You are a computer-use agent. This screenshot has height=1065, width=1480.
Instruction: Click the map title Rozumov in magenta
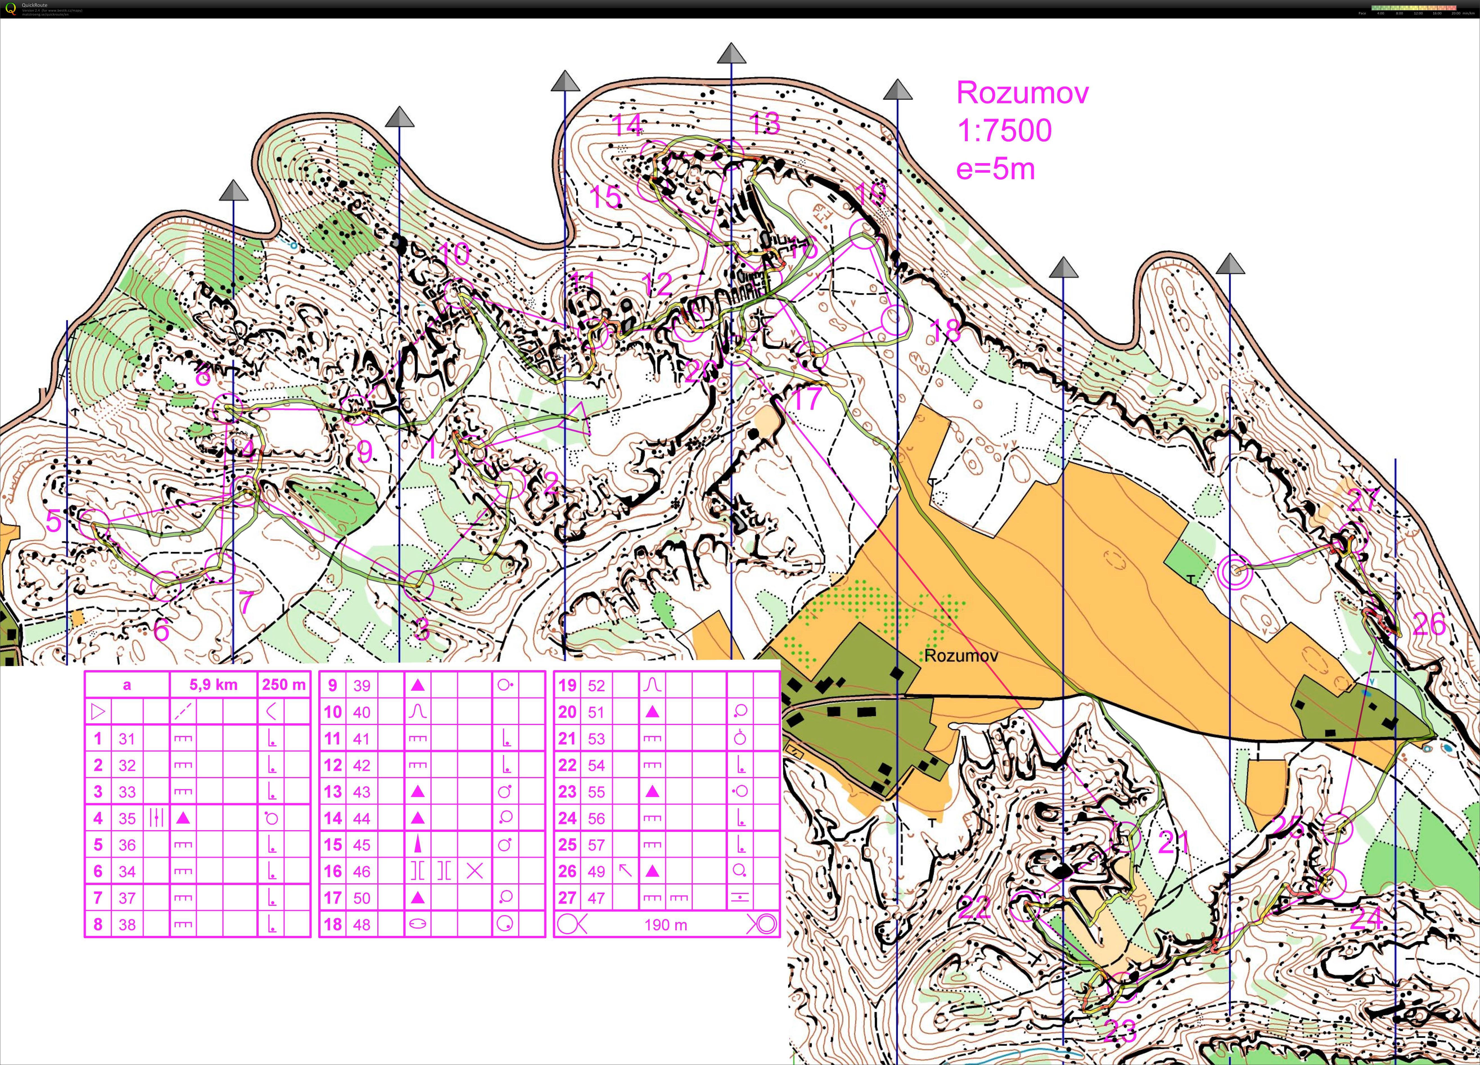click(1022, 93)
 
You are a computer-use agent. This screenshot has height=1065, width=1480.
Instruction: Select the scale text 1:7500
click(1004, 130)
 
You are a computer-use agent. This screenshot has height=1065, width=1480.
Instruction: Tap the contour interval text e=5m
click(995, 169)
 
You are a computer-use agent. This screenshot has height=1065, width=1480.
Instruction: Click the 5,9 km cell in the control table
click(213, 685)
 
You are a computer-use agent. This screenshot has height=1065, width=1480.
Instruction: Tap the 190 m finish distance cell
click(665, 925)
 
